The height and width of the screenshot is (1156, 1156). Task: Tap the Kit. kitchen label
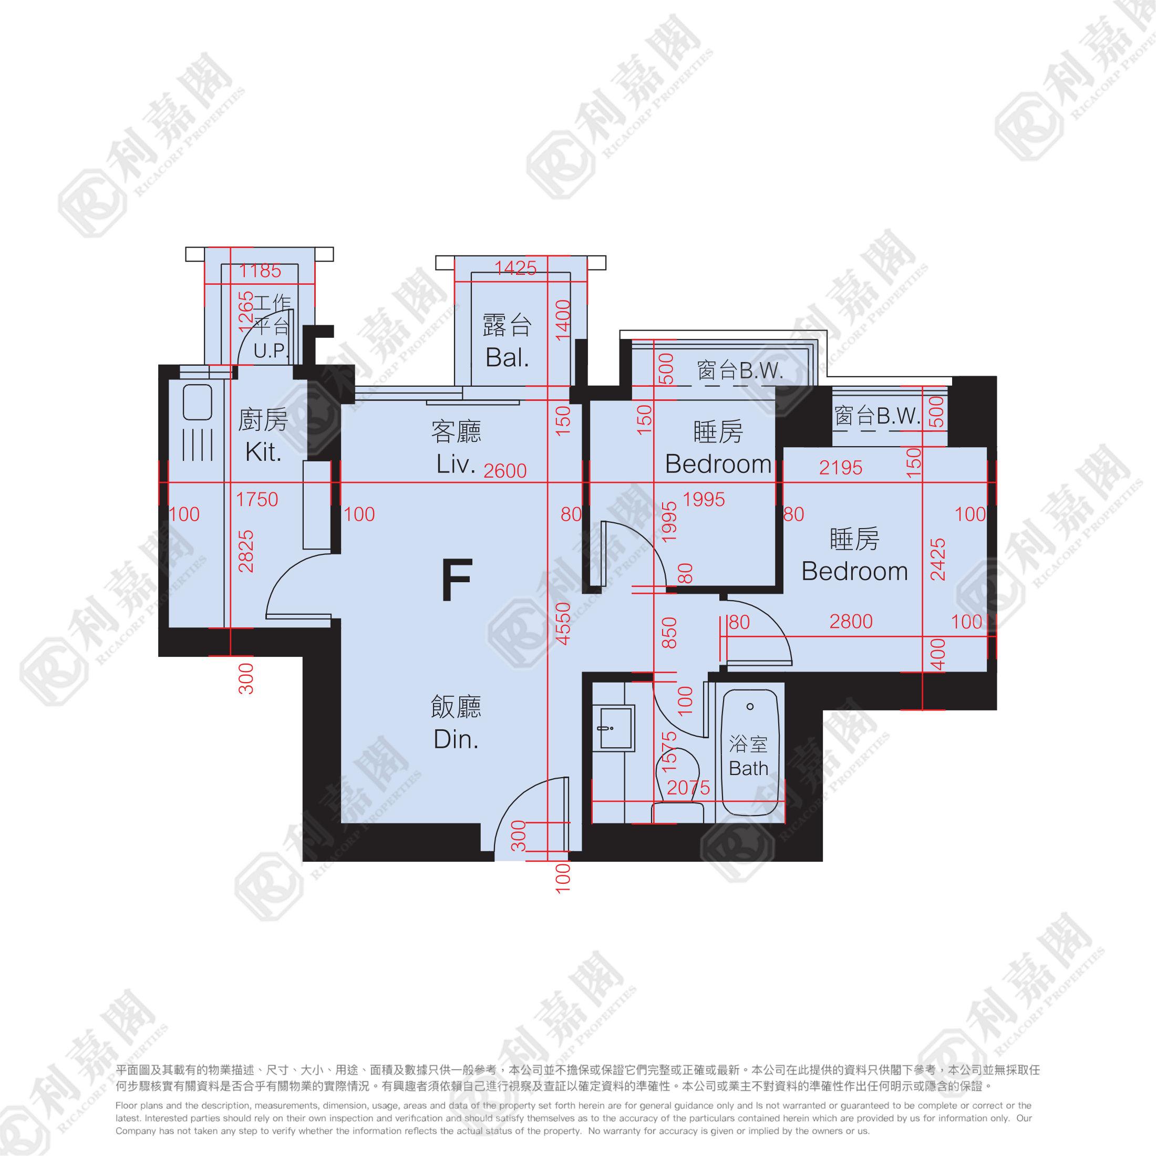click(263, 452)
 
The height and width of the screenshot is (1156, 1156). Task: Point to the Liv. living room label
click(456, 464)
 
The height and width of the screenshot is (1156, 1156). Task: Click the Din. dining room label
click(456, 739)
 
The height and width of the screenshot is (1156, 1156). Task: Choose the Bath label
click(749, 768)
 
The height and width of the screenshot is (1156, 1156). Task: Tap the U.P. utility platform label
click(271, 350)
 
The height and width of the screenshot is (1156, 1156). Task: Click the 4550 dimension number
click(563, 624)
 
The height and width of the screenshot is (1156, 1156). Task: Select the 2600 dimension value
click(505, 471)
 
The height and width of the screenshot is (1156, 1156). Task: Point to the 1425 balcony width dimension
click(515, 267)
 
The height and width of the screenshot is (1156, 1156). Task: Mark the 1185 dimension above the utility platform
click(260, 271)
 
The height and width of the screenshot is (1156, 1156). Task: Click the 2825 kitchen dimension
click(246, 551)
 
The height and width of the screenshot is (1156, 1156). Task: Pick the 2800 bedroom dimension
click(851, 621)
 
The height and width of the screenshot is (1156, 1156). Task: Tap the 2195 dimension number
click(841, 467)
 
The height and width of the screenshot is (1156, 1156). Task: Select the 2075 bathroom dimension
click(688, 788)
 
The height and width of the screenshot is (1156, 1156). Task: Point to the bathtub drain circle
click(750, 707)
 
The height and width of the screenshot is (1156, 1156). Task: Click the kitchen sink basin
click(198, 402)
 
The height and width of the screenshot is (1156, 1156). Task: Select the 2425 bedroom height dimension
click(937, 560)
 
